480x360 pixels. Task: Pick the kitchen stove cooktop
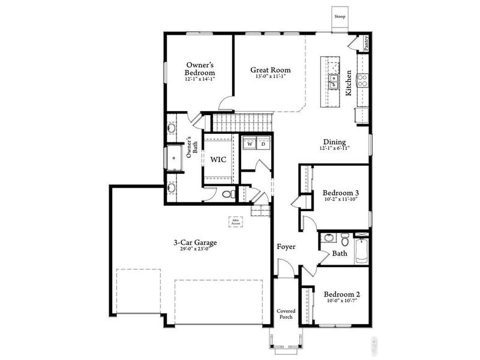362,80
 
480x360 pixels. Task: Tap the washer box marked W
249,144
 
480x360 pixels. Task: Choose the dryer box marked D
263,144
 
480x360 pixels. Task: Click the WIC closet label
218,160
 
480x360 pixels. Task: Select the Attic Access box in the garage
235,222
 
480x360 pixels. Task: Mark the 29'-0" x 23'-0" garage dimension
195,251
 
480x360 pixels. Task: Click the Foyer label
286,247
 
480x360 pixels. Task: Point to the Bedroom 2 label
341,295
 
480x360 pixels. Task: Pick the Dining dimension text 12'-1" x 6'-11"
334,148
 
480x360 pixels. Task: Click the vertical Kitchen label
348,84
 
